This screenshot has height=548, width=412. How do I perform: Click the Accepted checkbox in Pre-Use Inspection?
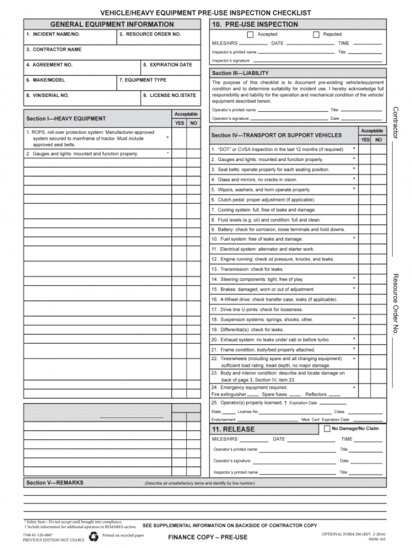click(250, 34)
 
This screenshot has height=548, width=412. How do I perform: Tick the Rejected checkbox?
click(316, 34)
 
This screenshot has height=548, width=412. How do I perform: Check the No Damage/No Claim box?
click(327, 429)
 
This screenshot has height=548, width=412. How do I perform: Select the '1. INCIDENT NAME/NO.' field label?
click(53, 34)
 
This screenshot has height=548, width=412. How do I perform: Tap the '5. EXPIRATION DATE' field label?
click(167, 65)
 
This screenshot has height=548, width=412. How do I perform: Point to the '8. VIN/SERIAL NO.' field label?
click(48, 95)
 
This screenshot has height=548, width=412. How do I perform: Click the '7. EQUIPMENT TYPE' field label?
click(143, 80)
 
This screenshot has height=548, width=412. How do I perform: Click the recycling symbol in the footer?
click(94, 537)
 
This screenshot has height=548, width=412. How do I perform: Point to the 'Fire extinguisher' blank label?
click(228, 395)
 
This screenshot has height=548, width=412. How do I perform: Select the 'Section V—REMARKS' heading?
click(55, 483)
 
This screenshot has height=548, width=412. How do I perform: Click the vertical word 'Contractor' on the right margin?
click(396, 123)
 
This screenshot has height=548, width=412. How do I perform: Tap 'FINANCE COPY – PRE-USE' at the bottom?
click(207, 537)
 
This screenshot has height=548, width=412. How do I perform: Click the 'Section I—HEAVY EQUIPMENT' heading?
click(66, 119)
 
